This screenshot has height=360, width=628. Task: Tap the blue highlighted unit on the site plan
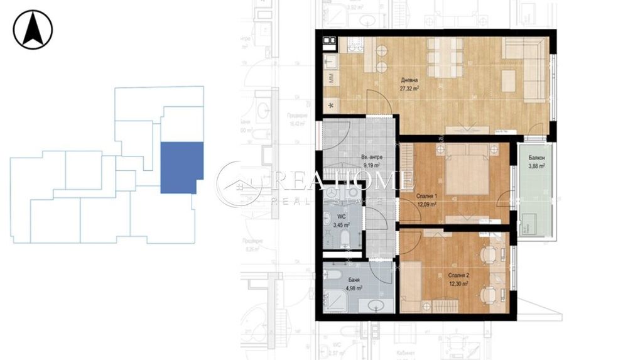(181, 166)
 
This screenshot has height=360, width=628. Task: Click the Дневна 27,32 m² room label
(410, 85)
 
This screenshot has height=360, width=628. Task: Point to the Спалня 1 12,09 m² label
(428, 199)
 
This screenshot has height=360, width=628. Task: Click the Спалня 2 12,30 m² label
(442, 280)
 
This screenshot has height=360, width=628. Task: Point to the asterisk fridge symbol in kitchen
(331, 104)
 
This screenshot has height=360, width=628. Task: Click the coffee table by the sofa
(509, 79)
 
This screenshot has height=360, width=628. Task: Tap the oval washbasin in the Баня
(376, 305)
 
